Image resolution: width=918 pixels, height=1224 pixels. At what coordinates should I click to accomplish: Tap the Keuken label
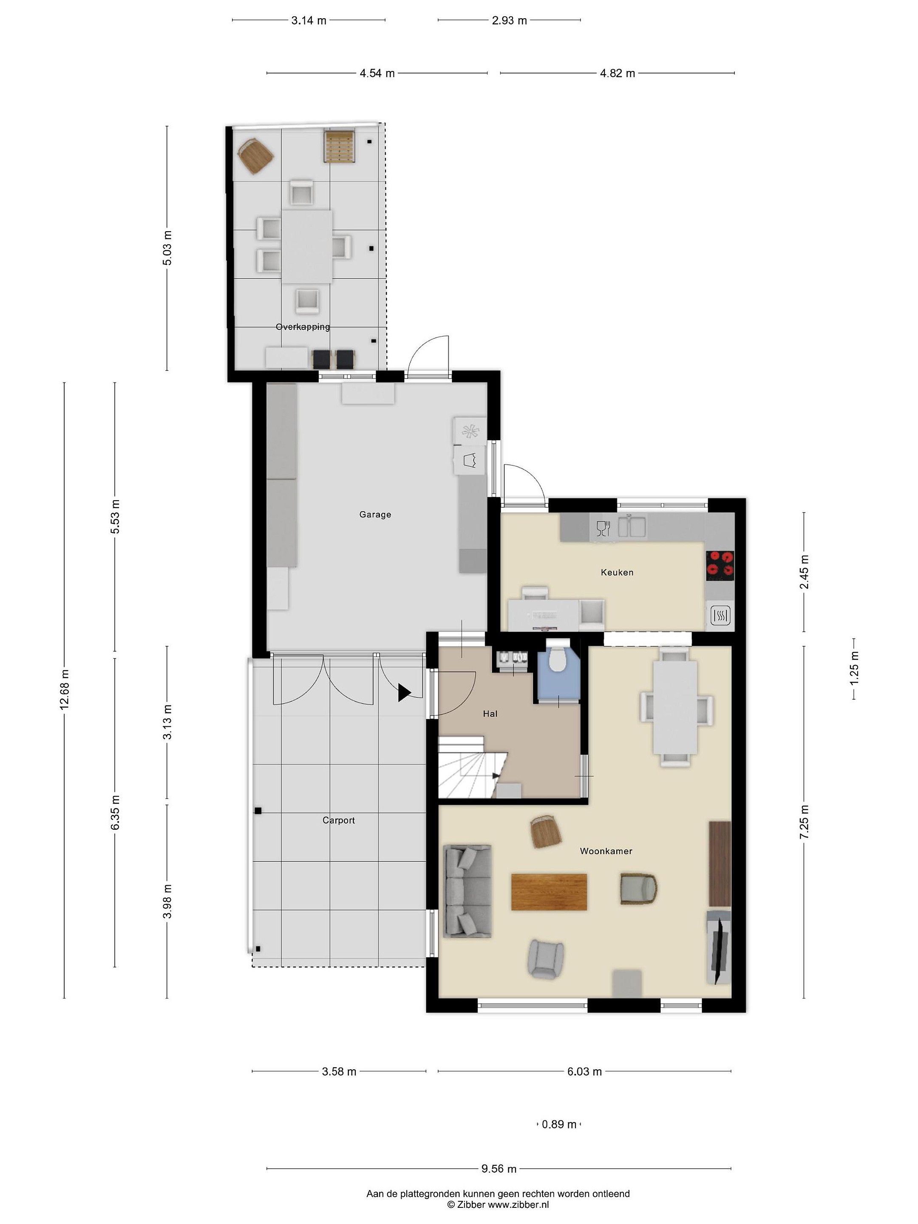point(617,572)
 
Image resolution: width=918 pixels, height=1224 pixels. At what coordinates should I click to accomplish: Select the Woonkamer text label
point(606,851)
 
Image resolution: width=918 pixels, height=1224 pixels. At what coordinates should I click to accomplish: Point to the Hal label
point(490,714)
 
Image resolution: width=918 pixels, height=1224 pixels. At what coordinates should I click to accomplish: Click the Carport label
point(339,820)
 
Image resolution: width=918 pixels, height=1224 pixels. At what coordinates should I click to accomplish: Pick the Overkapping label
point(303,326)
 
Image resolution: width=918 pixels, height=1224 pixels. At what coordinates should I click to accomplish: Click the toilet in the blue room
point(557,656)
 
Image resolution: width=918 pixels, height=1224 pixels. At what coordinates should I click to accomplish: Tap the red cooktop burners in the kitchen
point(720,565)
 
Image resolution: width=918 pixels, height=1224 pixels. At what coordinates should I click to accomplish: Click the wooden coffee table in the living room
point(549,892)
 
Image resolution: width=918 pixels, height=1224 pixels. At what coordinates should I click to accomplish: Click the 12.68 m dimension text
point(64,688)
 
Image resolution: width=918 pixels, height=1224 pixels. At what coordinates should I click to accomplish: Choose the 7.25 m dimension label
point(804,822)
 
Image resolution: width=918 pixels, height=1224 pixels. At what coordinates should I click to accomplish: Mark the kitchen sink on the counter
point(632,526)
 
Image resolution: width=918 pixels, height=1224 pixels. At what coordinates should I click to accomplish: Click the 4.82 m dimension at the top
point(618,73)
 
